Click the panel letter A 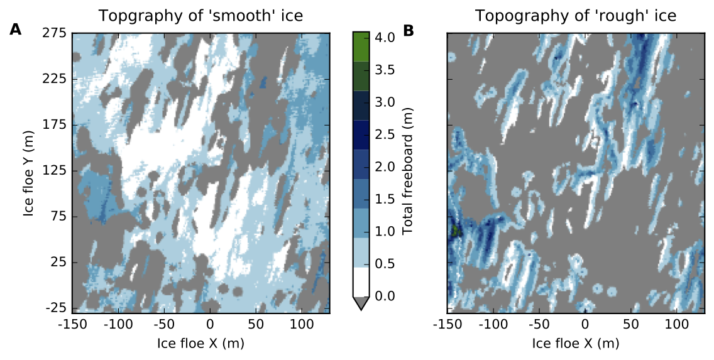(x=15, y=29)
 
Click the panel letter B (x=409, y=29)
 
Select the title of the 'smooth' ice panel (x=201, y=16)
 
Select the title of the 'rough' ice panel (x=576, y=16)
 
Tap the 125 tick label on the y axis (x=55, y=171)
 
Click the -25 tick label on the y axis (x=55, y=308)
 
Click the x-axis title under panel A (x=201, y=343)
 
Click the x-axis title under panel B (x=576, y=343)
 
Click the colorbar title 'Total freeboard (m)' (x=408, y=171)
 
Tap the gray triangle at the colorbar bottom (x=361, y=303)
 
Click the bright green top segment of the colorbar (x=361, y=46)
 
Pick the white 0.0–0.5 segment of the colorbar (x=361, y=282)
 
